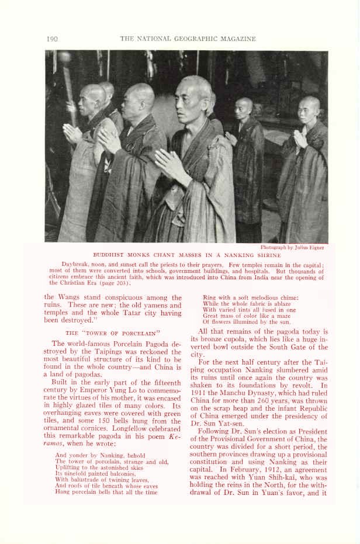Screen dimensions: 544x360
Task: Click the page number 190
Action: (x=51, y=39)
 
